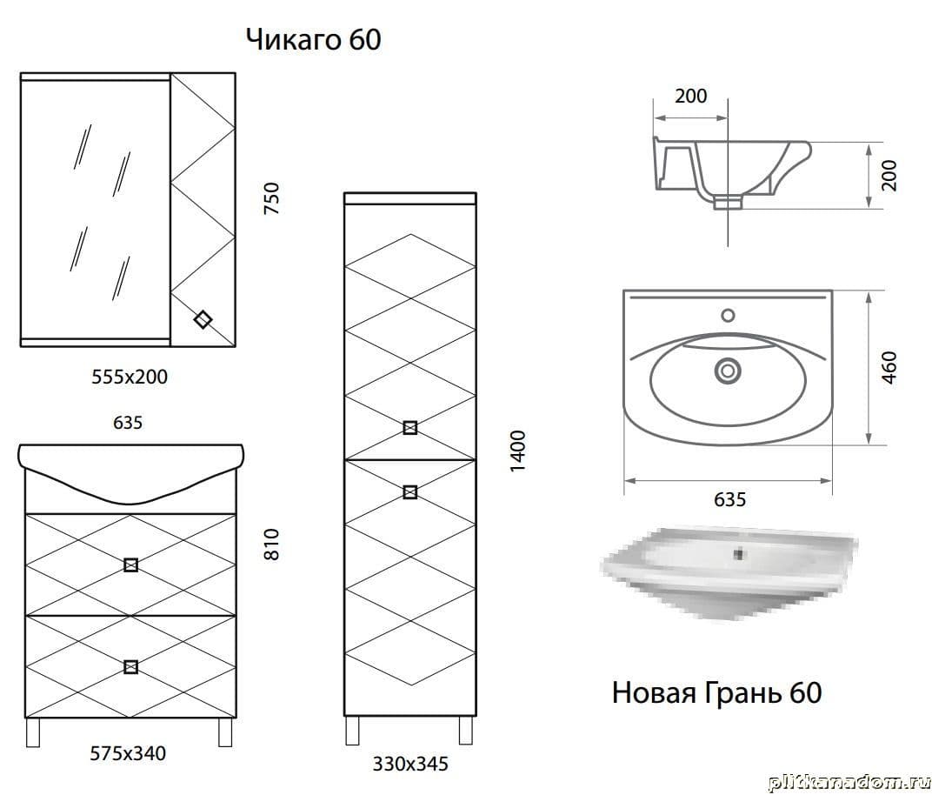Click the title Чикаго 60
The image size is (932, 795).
tap(313, 40)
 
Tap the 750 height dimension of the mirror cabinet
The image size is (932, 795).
tap(271, 198)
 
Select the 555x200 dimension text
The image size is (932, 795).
tap(130, 377)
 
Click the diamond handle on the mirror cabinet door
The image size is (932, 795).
tap(203, 319)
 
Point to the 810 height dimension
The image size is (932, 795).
tap(271, 544)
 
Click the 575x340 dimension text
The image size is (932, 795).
tap(128, 753)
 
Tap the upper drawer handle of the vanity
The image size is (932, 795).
tap(130, 565)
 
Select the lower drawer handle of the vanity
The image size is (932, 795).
tap(130, 667)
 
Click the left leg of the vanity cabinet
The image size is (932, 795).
tap(33, 732)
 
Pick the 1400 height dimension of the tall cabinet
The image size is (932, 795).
tap(518, 451)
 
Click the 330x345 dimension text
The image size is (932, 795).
tap(410, 764)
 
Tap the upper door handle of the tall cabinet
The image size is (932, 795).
tap(409, 428)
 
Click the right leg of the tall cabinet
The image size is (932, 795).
tap(466, 730)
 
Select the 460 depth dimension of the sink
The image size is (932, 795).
tap(889, 367)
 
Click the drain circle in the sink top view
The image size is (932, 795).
tap(727, 371)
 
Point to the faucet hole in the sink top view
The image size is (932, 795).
tap(728, 315)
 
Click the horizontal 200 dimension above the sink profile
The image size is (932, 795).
tap(690, 96)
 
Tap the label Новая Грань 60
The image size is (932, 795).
tap(717, 692)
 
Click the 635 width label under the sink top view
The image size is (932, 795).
tap(729, 499)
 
